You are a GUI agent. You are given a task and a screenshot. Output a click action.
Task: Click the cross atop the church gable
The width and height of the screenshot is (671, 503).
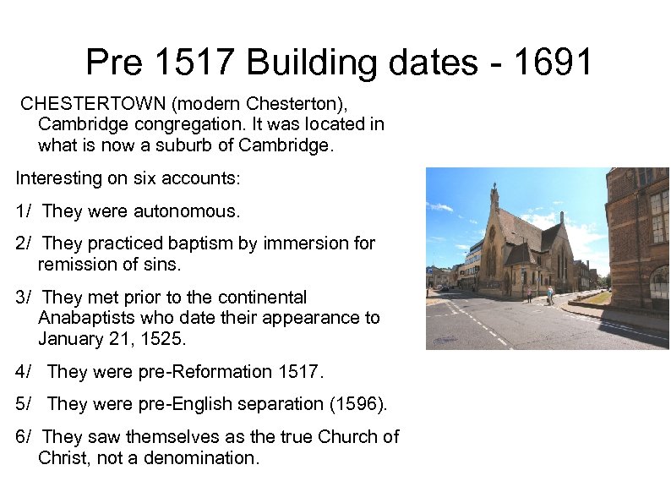coord(494,189)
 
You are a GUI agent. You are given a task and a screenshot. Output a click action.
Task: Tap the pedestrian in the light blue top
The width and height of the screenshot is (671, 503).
coord(550,293)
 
